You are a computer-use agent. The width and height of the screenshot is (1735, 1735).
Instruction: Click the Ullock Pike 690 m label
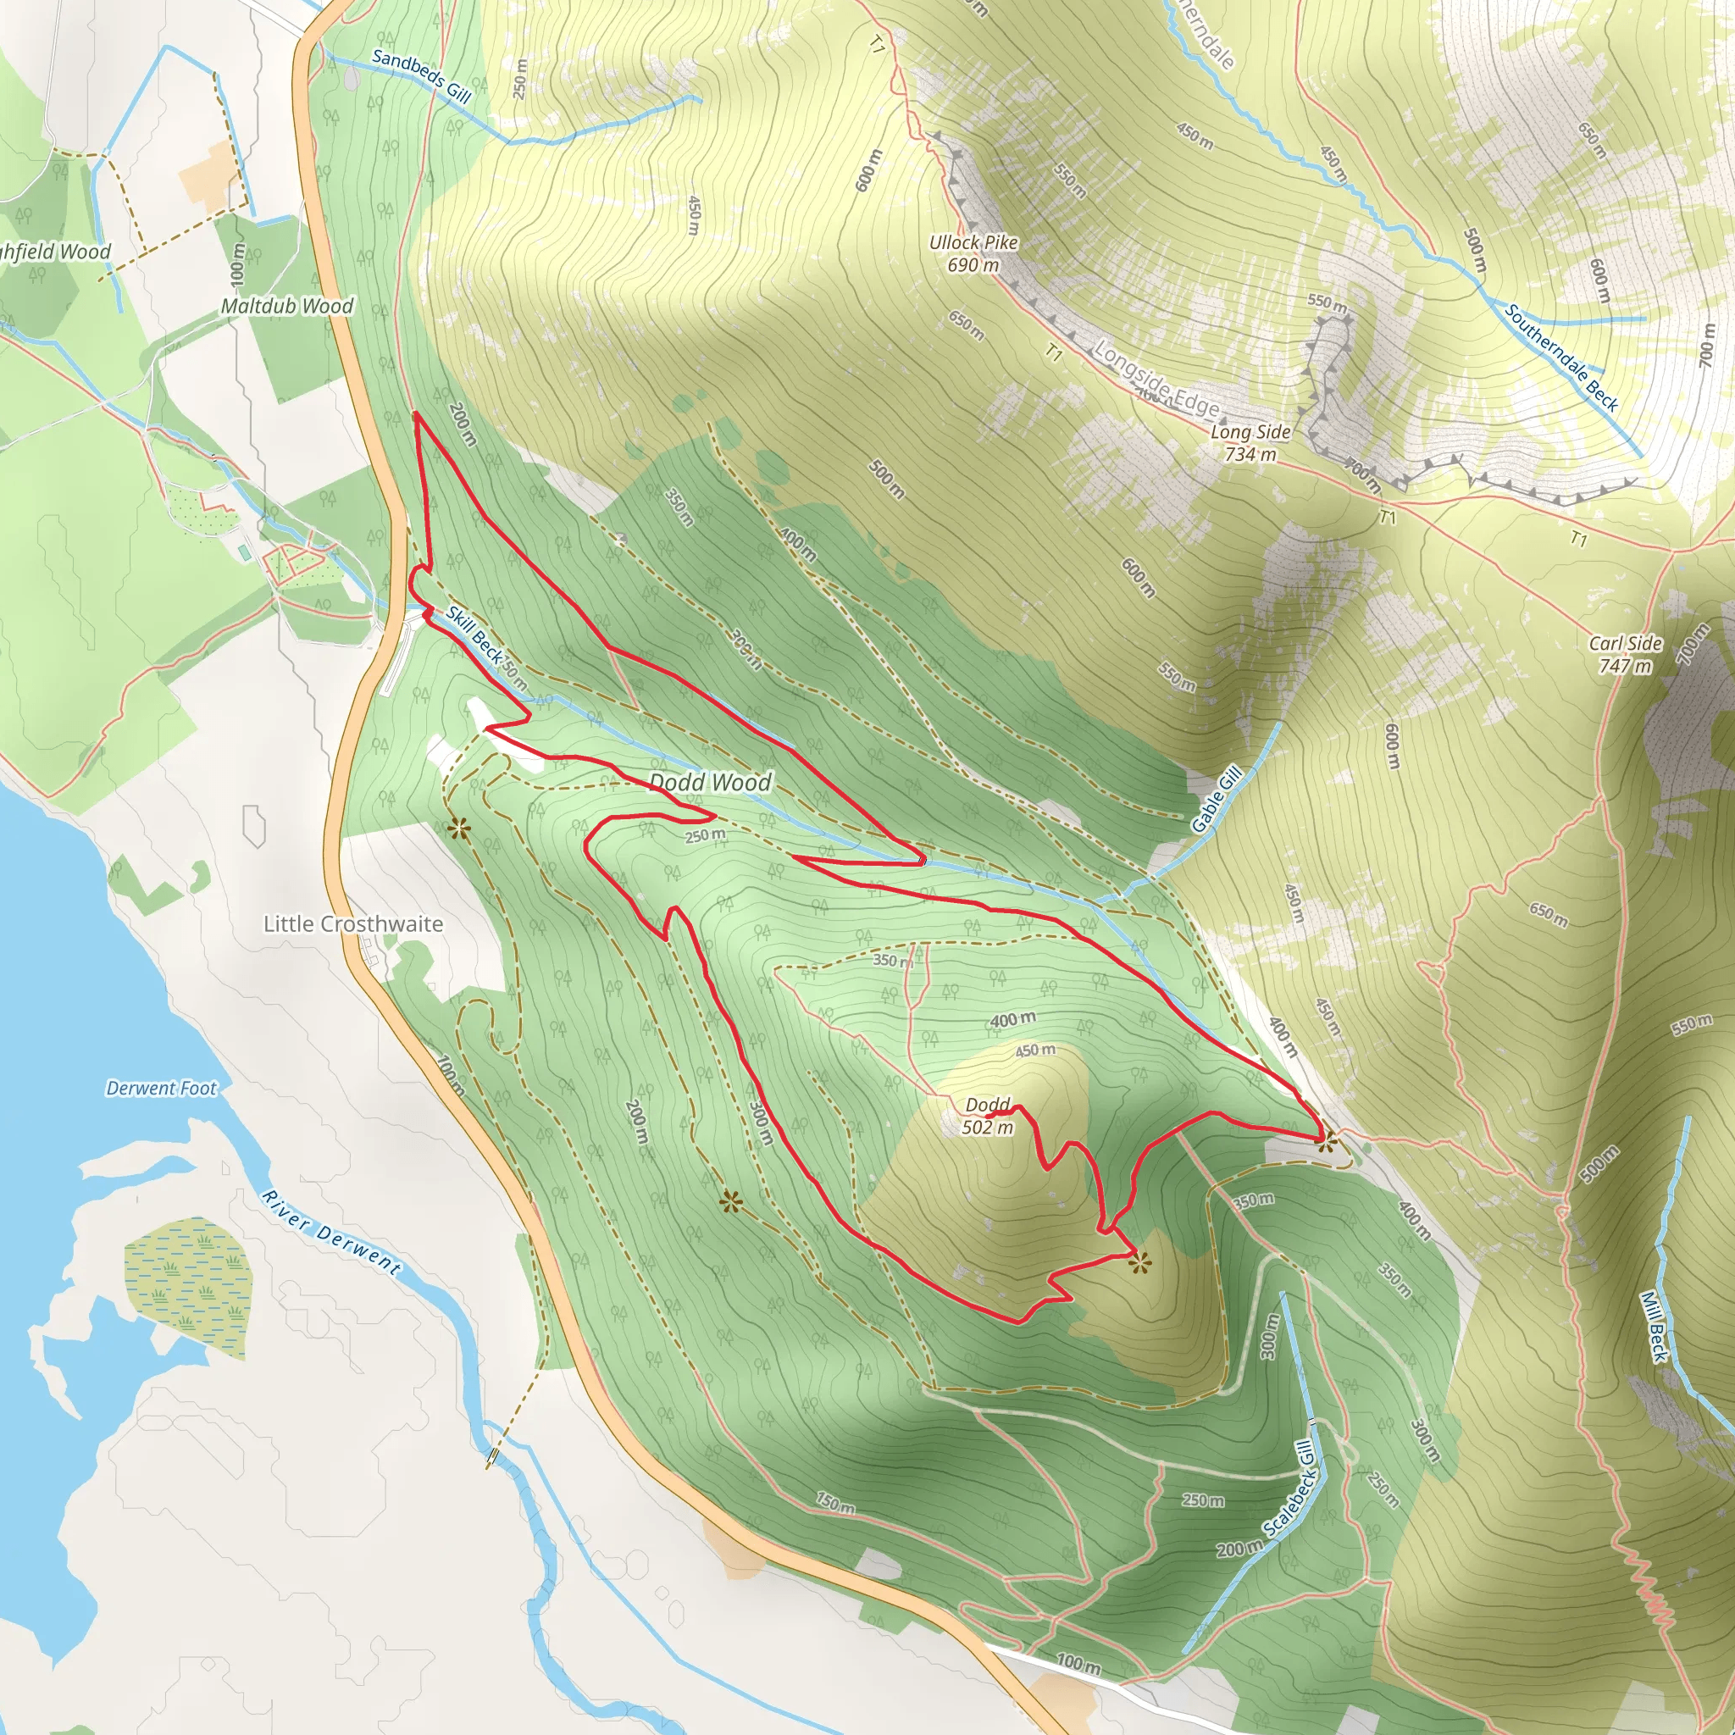point(973,253)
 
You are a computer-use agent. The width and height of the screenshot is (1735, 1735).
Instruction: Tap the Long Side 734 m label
point(1250,443)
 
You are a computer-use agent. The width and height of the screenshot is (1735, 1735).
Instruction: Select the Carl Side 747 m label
point(1626,654)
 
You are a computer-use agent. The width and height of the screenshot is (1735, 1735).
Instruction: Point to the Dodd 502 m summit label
point(988,1116)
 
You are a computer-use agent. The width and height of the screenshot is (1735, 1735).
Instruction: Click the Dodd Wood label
point(710,782)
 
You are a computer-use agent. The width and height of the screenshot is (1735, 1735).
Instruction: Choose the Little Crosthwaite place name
point(353,923)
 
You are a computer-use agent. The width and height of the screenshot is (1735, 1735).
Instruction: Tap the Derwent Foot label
point(162,1089)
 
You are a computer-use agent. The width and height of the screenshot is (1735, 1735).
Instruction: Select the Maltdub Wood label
point(287,306)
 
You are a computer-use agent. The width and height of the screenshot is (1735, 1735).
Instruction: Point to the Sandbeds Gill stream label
point(421,75)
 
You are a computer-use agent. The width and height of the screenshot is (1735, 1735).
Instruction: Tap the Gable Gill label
point(1217,798)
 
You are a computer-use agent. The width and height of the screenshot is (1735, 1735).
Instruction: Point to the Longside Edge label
point(1156,380)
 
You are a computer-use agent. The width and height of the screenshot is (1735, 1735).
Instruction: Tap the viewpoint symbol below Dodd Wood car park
point(460,828)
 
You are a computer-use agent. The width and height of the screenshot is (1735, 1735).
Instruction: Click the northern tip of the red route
point(416,414)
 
